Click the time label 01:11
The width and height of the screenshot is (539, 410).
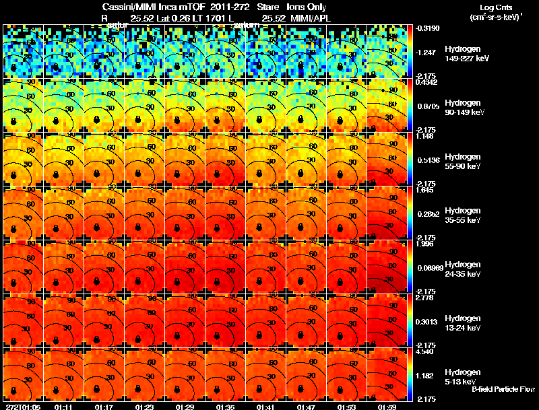(x=63, y=406)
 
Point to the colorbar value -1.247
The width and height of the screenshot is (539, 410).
(x=426, y=51)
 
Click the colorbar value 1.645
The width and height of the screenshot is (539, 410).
(x=424, y=191)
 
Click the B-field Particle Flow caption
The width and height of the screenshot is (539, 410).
(x=503, y=389)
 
